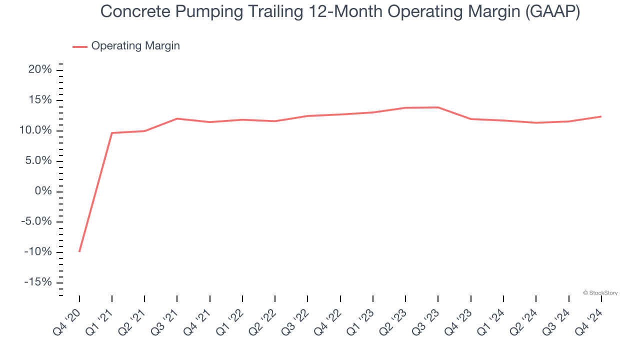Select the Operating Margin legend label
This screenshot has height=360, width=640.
coord(135,46)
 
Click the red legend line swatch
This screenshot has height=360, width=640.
coord(80,46)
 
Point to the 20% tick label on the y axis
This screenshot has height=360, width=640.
coord(40,70)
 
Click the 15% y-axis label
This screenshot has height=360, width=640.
coord(40,100)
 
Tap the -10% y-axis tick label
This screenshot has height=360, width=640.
coord(37,252)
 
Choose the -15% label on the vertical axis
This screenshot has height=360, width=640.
coord(37,282)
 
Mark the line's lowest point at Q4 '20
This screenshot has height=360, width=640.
coord(79,251)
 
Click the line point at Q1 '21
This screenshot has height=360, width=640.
coord(112,133)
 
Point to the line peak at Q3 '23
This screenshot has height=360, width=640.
coord(438,107)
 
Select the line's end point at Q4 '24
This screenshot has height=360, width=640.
coord(601,116)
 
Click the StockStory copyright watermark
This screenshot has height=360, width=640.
coord(600,293)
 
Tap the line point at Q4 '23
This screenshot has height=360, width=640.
coord(470,119)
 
